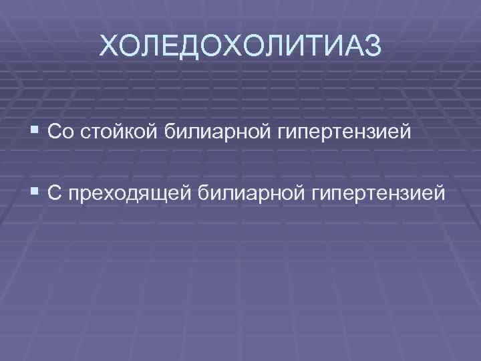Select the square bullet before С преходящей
35,193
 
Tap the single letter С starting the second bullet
55,193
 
